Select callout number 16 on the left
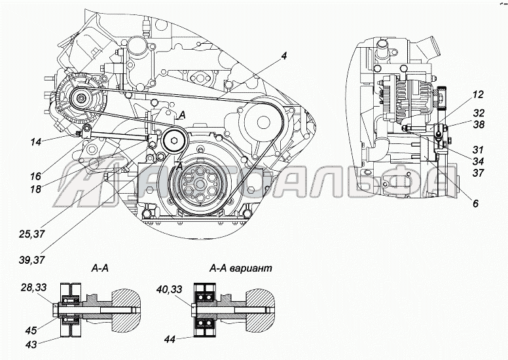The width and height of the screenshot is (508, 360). [35, 176]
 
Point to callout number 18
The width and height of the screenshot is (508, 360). [35, 189]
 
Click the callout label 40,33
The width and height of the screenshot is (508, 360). [169, 289]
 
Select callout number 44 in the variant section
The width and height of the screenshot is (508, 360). [169, 339]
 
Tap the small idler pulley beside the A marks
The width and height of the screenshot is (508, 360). [175, 139]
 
